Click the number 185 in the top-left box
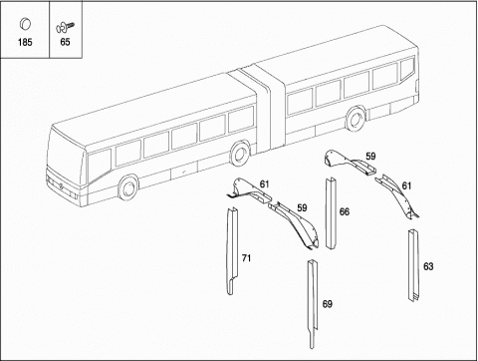tap(25, 42)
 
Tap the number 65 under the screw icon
tap(65, 42)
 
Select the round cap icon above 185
tap(25, 24)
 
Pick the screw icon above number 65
tap(65, 27)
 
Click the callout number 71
tap(246, 258)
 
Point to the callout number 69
tap(328, 304)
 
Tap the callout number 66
tap(345, 211)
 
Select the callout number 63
tap(428, 266)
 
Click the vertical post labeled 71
tap(232, 251)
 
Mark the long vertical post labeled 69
tap(313, 302)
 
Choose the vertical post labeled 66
tap(332, 213)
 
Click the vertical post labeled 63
tap(414, 265)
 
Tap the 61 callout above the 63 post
tap(406, 185)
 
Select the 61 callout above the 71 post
tap(264, 183)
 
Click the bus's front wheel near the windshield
tap(128, 187)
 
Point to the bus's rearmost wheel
tap(356, 119)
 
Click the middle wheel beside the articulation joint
tap(240, 154)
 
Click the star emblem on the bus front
tap(62, 186)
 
